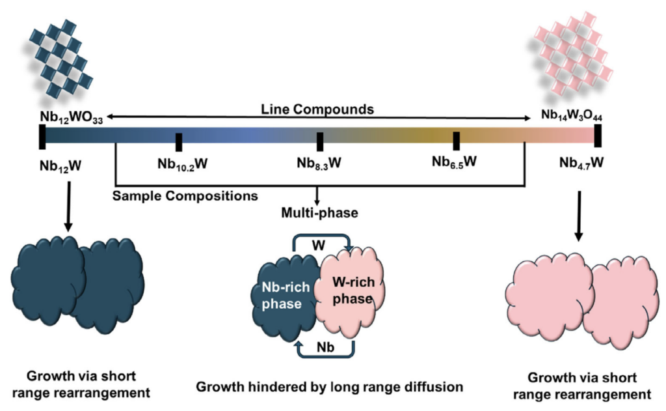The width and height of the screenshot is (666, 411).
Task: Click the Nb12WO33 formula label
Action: (x=72, y=117)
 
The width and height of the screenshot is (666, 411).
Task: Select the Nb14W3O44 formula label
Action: (x=571, y=115)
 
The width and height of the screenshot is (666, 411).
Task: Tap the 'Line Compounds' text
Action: (x=317, y=109)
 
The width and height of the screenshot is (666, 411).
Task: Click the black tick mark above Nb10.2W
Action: (x=179, y=142)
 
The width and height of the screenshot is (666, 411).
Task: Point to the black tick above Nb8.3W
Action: (x=320, y=142)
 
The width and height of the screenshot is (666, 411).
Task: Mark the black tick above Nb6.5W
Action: (x=456, y=141)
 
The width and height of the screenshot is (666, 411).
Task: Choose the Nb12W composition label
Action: (x=60, y=165)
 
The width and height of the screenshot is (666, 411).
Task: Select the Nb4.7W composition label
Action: (x=581, y=163)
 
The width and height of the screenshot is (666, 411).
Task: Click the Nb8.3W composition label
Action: (x=319, y=163)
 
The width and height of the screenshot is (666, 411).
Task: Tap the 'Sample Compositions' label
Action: (x=185, y=195)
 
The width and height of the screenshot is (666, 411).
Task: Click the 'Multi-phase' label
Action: (x=319, y=212)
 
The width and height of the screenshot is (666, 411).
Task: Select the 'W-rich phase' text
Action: (x=353, y=290)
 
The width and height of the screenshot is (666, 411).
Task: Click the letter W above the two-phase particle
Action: (x=319, y=246)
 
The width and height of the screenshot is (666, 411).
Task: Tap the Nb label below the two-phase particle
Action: (x=325, y=348)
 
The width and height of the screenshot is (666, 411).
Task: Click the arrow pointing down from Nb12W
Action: (x=68, y=206)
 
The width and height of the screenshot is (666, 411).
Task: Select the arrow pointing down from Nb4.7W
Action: (x=578, y=216)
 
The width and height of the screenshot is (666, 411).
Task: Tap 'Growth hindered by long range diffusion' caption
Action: (x=329, y=387)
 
